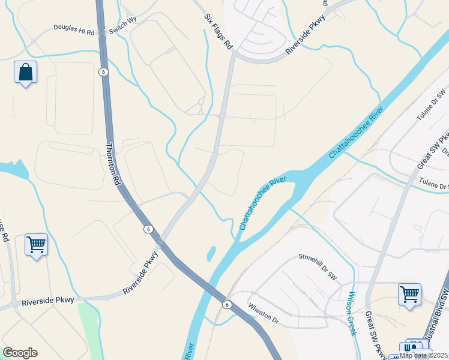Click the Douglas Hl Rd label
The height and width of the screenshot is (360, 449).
(x=74, y=28)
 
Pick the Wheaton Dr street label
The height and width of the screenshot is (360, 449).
(x=264, y=313)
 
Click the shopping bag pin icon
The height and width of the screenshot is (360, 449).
(x=26, y=73)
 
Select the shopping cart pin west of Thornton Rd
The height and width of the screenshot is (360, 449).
(x=37, y=245)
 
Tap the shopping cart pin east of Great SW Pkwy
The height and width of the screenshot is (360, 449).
(x=409, y=295)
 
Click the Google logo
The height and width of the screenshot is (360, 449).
(x=20, y=353)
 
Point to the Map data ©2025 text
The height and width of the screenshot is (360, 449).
(x=423, y=355)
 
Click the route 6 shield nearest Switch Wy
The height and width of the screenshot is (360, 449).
(x=103, y=71)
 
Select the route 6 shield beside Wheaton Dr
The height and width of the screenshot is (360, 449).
(x=227, y=305)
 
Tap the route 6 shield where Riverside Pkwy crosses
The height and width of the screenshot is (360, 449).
(x=148, y=229)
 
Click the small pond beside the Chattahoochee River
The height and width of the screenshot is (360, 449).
(x=212, y=253)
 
